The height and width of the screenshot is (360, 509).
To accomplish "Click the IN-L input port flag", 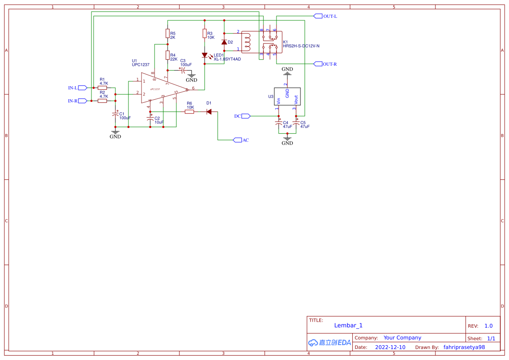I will click(83, 87).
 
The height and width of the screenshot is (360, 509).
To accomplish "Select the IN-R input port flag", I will click(83, 101).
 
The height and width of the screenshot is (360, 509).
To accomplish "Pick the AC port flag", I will click(237, 140).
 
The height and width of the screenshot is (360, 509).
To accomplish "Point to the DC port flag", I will click(246, 116).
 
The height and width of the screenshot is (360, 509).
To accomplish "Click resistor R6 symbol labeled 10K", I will click(189, 112).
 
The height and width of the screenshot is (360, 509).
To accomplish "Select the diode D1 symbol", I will click(209, 112).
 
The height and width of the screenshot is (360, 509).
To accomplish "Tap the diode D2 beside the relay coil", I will click(224, 42).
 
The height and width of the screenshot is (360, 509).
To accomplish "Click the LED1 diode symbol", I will click(205, 55).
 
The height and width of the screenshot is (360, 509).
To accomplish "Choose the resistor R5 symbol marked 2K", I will click(168, 34).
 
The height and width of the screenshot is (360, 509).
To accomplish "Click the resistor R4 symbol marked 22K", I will click(168, 55).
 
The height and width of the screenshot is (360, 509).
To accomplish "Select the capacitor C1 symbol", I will click(115, 114).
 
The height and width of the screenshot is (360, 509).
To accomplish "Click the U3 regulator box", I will click(287, 96).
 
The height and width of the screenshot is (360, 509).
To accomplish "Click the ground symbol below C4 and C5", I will click(287, 139).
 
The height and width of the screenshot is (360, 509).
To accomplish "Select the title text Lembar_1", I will click(348, 325).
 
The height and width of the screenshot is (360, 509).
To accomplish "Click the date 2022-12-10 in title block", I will click(390, 347).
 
